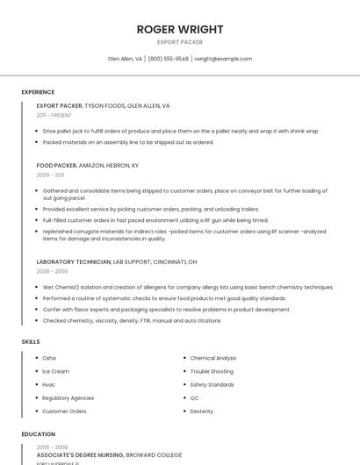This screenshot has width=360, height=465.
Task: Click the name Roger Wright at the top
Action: click(179, 29)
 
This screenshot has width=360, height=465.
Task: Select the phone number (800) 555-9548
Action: click(168, 59)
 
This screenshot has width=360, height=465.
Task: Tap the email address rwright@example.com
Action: click(223, 59)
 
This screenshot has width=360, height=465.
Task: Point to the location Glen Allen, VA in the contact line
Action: click(125, 59)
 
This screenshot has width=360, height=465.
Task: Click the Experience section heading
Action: click(38, 92)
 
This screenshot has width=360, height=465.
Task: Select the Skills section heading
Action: click(31, 341)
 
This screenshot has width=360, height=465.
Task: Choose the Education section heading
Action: click(38, 434)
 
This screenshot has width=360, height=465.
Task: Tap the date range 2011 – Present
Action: click(54, 115)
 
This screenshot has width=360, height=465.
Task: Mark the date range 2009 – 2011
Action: click(50, 175)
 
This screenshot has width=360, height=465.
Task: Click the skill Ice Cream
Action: click(55, 371)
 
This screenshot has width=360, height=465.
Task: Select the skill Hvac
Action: click(49, 384)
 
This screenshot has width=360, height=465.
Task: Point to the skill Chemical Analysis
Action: click(213, 358)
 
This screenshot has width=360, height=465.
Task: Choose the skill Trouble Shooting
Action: click(212, 371)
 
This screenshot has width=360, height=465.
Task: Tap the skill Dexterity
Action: click(202, 411)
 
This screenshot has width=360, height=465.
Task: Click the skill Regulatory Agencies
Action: click(68, 397)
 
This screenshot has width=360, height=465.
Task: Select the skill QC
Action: click(195, 397)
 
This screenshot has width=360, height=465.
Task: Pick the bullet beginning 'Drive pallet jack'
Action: click(180, 131)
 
